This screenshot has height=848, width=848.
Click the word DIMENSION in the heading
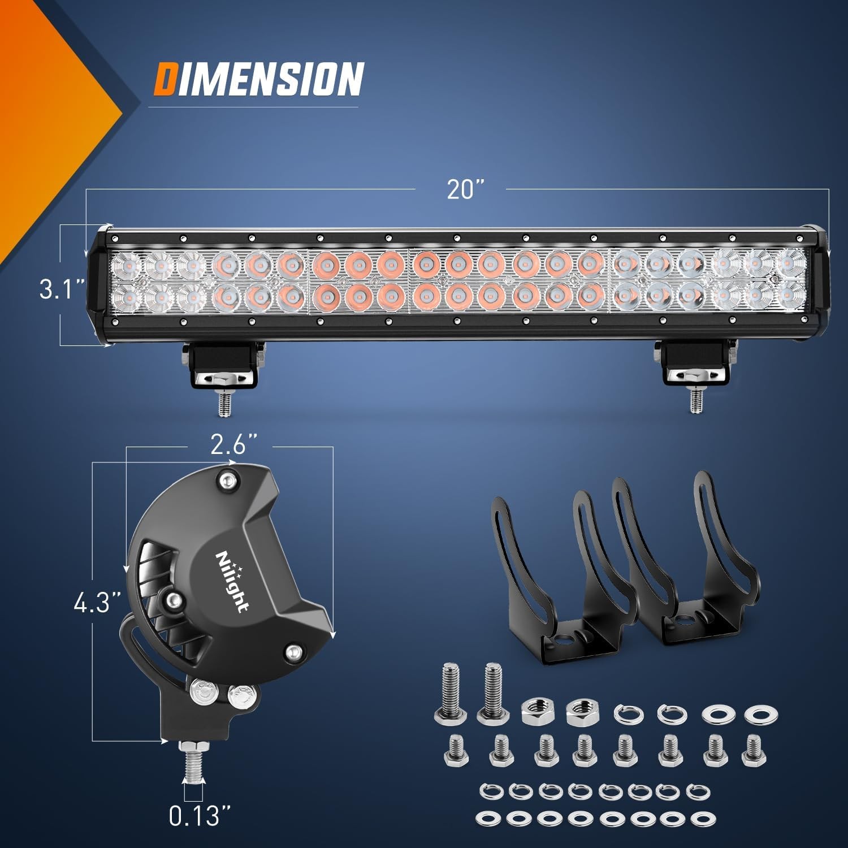(x=258, y=79)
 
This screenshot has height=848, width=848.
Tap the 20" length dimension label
(x=463, y=188)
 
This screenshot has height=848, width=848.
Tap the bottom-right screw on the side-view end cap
(x=292, y=652)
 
